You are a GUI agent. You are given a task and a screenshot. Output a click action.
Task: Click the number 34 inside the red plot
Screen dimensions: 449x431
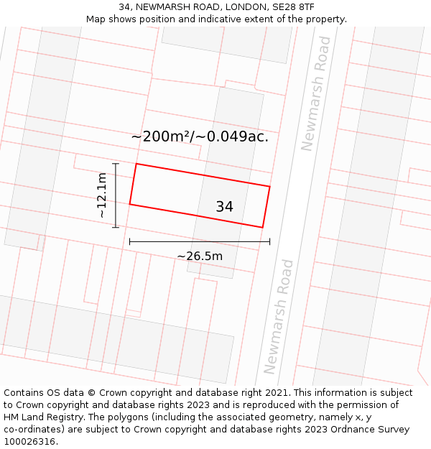click(x=224, y=207)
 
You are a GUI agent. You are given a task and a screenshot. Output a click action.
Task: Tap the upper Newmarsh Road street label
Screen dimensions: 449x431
click(x=316, y=93)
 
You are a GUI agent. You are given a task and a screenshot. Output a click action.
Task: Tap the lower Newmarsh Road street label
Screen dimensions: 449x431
click(x=279, y=316)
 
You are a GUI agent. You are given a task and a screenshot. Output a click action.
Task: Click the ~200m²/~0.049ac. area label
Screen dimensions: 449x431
click(x=200, y=136)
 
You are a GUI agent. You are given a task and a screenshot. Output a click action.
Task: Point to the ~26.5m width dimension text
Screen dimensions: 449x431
click(x=200, y=256)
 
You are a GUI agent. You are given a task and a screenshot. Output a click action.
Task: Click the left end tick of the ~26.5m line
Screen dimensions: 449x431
click(x=129, y=242)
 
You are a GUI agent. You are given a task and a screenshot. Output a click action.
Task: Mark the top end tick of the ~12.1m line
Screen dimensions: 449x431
click(x=115, y=164)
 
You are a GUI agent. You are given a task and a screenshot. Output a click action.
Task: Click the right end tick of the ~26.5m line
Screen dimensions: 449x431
click(x=269, y=242)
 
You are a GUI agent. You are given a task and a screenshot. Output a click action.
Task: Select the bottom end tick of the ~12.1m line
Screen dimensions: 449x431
click(x=115, y=228)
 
